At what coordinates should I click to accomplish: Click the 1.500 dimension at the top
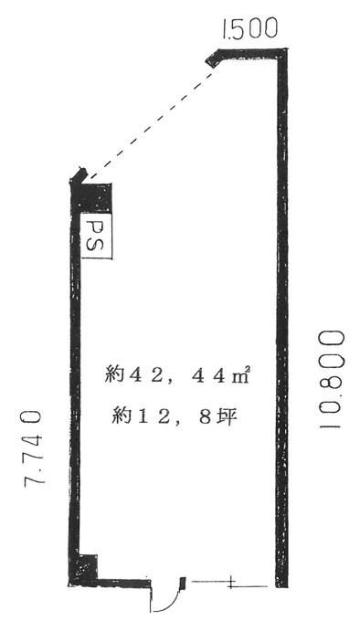[249, 30]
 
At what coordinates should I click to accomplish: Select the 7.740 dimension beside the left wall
[33, 447]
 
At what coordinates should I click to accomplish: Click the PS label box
[97, 237]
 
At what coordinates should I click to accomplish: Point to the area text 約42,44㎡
[176, 374]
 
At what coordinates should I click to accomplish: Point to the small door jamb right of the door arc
[183, 583]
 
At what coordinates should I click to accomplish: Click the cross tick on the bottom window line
[231, 583]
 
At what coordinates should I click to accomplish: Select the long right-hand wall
[282, 317]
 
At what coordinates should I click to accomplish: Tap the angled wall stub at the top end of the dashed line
[214, 58]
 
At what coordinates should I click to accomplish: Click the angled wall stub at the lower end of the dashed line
[79, 175]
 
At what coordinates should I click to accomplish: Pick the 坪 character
[229, 416]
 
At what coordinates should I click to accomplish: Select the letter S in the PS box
[97, 246]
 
